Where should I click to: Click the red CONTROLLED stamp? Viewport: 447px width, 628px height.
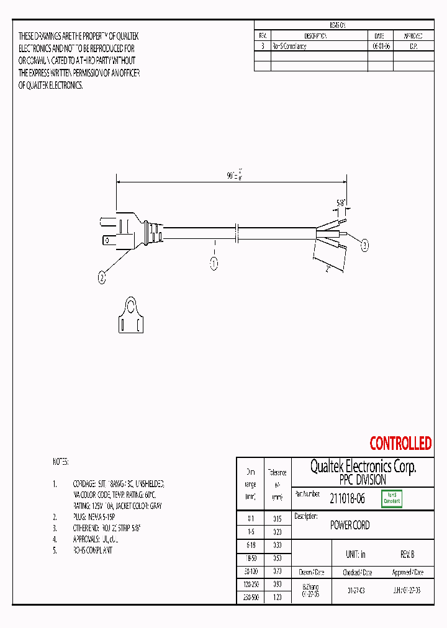[x=400, y=444]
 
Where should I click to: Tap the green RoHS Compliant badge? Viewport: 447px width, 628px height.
[x=392, y=498]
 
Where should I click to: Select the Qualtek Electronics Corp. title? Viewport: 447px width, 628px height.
[x=363, y=467]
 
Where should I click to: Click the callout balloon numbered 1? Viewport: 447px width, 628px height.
[x=214, y=264]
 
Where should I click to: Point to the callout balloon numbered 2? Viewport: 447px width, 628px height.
[x=102, y=279]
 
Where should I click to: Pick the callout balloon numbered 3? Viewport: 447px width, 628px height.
[x=365, y=246]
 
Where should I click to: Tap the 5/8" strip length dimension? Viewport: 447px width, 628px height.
[x=341, y=202]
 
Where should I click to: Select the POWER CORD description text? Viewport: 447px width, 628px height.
[x=350, y=526]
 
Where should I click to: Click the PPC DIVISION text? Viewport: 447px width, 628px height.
[x=363, y=480]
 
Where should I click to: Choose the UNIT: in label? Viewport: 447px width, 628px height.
[x=356, y=555]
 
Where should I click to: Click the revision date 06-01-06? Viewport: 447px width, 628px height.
[x=380, y=47]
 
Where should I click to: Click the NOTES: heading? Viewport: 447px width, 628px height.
[x=61, y=462]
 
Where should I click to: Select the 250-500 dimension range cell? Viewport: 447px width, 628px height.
[x=250, y=597]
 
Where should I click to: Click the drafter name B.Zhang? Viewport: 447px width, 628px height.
[x=310, y=586]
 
